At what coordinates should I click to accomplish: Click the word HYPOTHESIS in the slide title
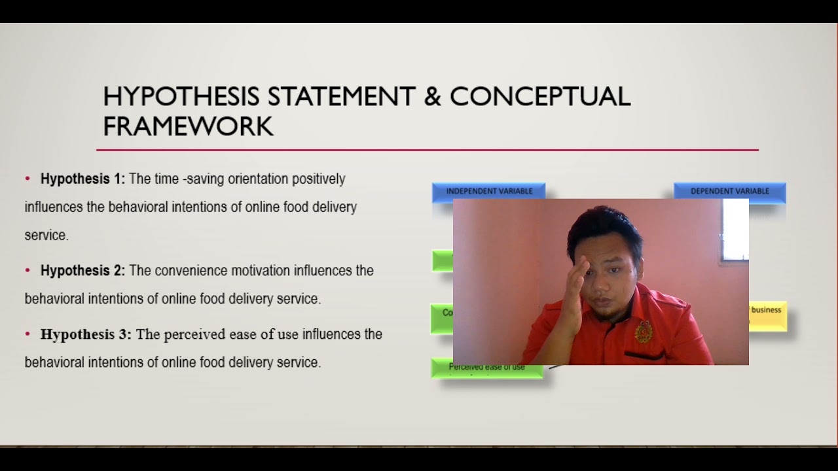coord(181,97)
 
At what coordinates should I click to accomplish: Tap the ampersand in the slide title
coord(432,97)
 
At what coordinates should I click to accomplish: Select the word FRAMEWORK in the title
coord(188,126)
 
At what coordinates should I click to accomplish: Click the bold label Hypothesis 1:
coord(82,179)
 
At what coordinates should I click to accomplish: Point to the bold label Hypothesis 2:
coord(82,270)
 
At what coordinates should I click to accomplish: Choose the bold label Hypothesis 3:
coord(86,334)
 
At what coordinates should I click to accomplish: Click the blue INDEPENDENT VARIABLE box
coord(489,191)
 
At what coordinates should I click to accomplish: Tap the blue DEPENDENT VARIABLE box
coord(729,191)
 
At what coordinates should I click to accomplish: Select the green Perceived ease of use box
coord(486,368)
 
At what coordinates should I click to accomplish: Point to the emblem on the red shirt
coord(644,331)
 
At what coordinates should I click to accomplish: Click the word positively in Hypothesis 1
coord(318,179)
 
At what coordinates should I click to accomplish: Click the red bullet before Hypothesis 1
coord(27,179)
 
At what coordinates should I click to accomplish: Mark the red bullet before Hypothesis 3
coord(27,334)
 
